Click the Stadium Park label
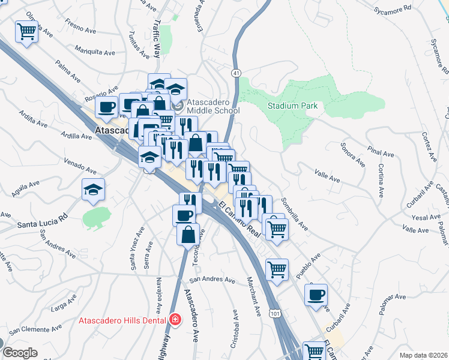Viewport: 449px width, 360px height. point(292,106)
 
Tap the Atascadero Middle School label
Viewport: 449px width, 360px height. point(212,106)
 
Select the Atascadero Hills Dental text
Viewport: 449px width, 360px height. point(123,320)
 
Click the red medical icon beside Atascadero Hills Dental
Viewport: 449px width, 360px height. point(175,320)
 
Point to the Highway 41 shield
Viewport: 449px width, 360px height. point(237,72)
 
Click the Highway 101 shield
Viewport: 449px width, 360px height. point(275,314)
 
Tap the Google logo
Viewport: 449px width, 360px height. point(19,353)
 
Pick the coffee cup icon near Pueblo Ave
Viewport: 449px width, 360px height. point(316,295)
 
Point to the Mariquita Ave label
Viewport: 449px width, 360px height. point(94,52)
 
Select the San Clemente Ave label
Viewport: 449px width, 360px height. point(35,328)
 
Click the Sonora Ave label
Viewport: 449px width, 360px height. point(353,155)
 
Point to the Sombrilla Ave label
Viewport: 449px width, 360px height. point(294,215)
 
